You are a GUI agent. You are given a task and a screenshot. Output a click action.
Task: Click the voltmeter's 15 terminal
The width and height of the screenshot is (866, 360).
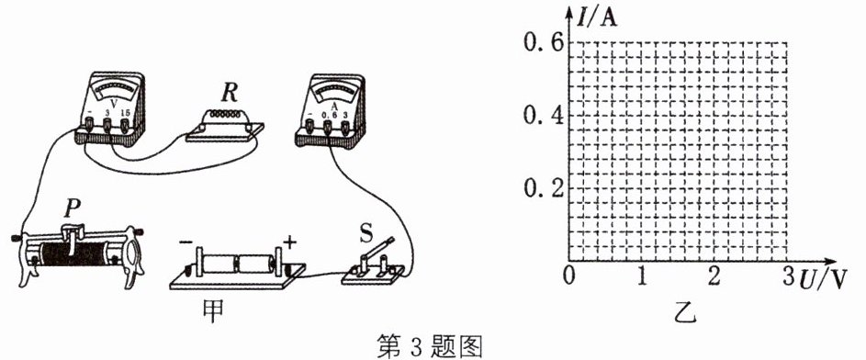point(125,128)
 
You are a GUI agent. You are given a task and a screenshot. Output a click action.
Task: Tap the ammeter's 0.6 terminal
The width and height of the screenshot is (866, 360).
point(328,129)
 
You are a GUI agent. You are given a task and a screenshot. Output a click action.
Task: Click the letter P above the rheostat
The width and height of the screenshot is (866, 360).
point(73,208)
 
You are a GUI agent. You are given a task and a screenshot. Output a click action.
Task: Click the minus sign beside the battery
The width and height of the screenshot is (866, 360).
point(186,242)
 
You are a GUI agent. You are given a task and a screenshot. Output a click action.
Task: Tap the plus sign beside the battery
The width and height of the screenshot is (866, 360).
point(290,242)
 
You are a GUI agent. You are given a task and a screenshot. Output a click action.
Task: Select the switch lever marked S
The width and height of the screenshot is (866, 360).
point(377,250)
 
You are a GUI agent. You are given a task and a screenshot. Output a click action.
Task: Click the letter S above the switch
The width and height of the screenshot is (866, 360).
point(366,232)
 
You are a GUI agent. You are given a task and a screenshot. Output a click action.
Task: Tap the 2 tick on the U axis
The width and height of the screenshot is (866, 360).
point(714,276)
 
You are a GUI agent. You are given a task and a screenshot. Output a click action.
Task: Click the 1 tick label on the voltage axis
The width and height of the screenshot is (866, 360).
point(642,276)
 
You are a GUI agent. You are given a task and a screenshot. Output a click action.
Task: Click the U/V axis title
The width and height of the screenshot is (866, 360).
point(822,280)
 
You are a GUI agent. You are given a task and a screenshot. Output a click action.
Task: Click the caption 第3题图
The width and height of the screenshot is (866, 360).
point(430,346)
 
